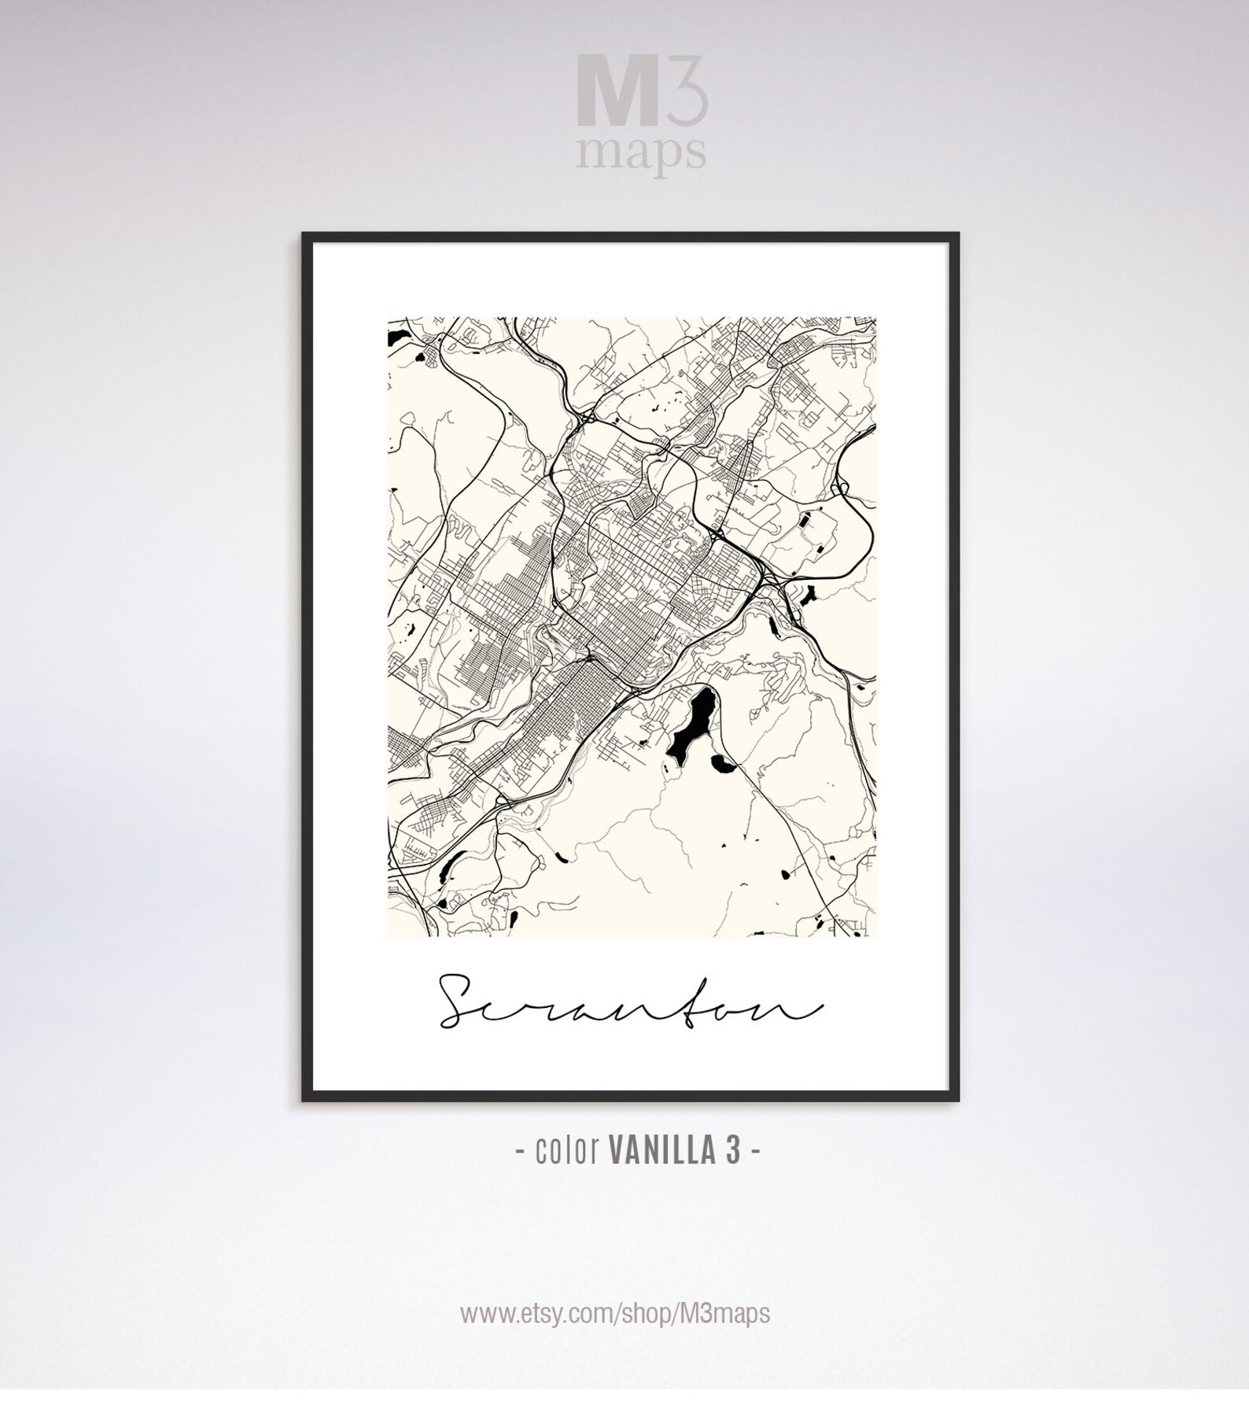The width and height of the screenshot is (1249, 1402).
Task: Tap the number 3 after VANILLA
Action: (733, 1151)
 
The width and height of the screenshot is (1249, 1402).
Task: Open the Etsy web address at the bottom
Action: (615, 1313)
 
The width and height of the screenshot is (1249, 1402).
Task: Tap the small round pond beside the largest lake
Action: (719, 761)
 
